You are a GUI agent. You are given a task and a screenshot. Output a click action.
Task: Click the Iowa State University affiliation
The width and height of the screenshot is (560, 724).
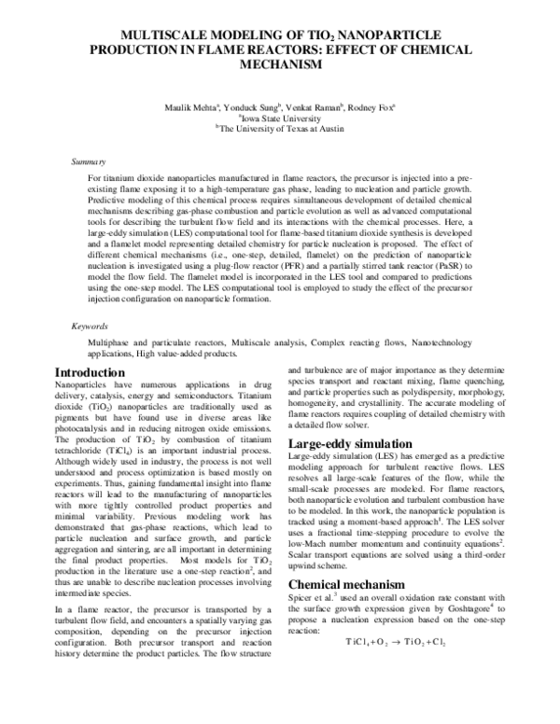click(281, 119)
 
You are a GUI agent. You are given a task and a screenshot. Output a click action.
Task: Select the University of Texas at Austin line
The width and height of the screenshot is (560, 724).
click(281, 131)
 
